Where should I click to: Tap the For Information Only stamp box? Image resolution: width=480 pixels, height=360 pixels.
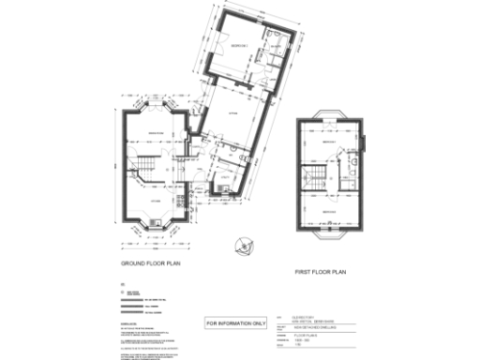click(236, 322)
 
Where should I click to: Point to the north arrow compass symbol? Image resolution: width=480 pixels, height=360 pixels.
click(243, 246)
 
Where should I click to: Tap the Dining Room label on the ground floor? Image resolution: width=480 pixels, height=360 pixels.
click(155, 134)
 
